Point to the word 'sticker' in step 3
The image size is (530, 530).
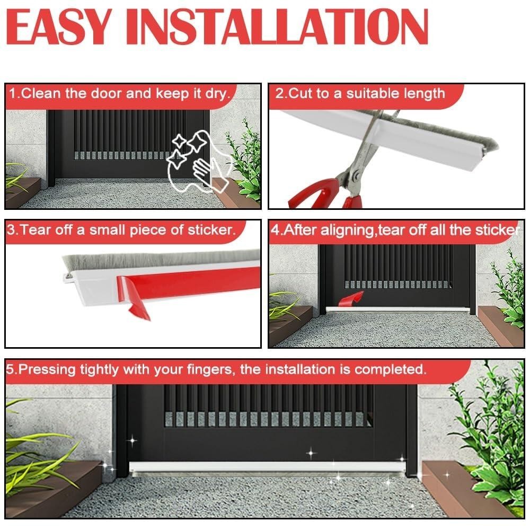point(211,230)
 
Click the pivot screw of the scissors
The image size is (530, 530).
point(356,176)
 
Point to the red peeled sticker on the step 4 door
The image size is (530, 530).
point(350,298)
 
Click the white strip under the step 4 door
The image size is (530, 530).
point(397,310)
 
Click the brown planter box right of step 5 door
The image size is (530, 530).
point(470,490)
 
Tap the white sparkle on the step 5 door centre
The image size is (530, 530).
point(311,453)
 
